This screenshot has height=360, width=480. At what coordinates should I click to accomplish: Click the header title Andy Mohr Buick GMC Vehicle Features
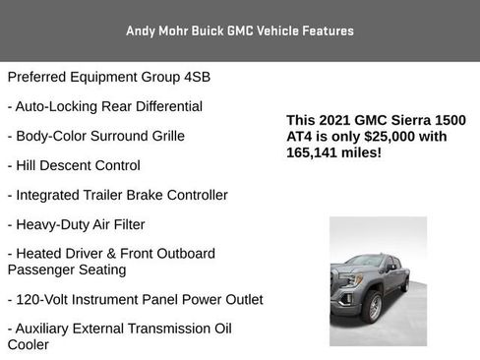pyautogui.click(x=240, y=30)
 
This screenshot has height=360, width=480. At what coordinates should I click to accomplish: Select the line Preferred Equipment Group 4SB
pyautogui.click(x=108, y=76)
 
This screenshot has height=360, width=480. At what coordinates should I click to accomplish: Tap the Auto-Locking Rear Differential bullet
pyautogui.click(x=104, y=105)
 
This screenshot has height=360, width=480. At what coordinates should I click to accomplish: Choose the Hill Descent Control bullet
pyautogui.click(x=74, y=165)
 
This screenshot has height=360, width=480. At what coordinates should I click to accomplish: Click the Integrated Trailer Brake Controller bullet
pyautogui.click(x=117, y=195)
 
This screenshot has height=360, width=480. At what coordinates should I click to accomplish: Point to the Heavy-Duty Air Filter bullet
pyautogui.click(x=83, y=224)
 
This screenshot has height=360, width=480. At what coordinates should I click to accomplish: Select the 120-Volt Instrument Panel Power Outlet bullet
pyautogui.click(x=135, y=299)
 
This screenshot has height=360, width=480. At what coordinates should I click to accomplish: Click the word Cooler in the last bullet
pyautogui.click(x=28, y=344)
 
